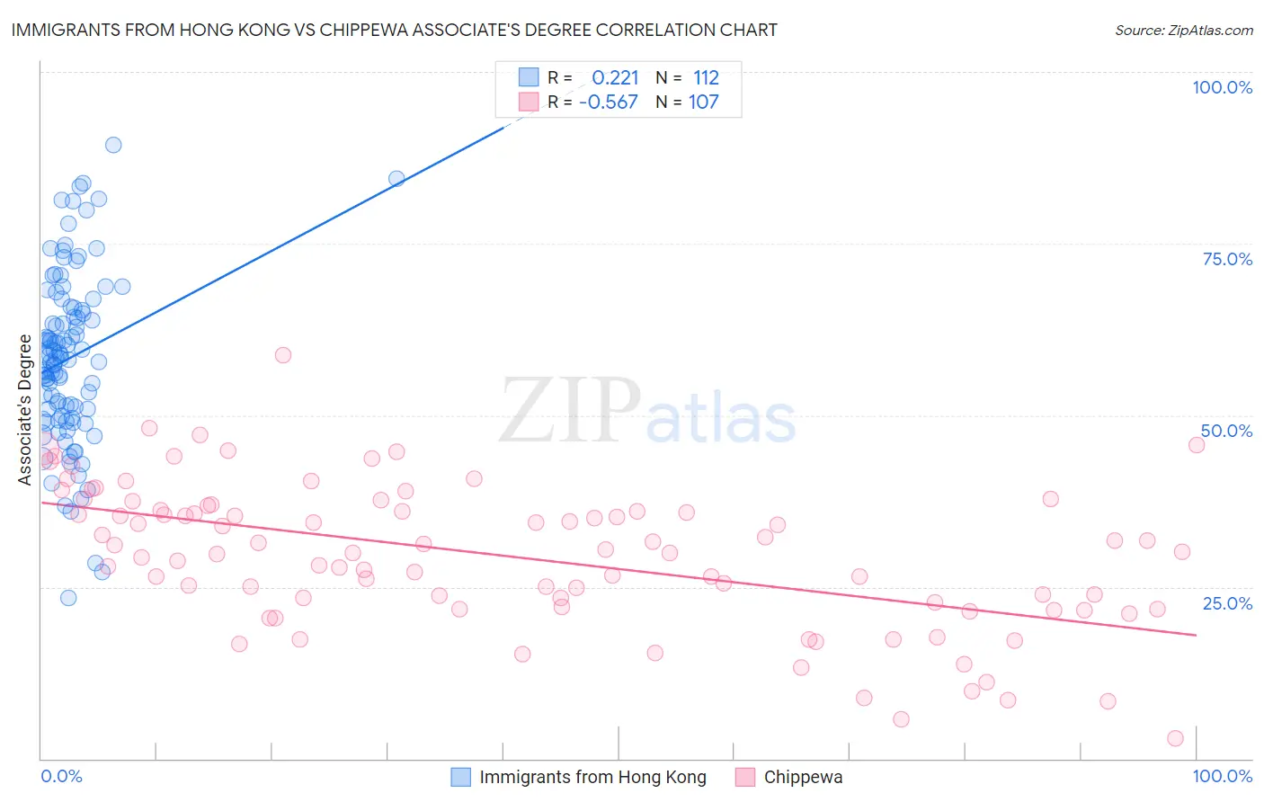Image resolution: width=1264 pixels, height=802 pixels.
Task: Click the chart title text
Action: tap(395, 30)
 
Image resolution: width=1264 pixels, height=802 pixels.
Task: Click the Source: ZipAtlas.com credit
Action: tap(1183, 30)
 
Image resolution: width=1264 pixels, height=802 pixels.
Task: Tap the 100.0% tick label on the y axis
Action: tap(1222, 87)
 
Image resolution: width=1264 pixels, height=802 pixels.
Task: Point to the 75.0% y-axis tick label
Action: tap(1227, 259)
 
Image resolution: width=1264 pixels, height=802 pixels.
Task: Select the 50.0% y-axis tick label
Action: tap(1226, 431)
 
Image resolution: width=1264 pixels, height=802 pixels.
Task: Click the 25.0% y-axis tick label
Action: tap(1227, 602)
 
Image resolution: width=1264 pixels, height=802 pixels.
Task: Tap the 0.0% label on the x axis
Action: tap(61, 776)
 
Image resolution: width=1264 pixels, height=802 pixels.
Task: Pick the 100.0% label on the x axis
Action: tap(1222, 776)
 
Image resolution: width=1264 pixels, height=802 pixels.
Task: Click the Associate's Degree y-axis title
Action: tap(25, 410)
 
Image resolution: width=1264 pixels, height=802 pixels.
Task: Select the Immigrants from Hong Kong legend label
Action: tap(592, 777)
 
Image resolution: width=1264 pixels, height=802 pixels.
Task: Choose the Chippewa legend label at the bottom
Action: tap(803, 777)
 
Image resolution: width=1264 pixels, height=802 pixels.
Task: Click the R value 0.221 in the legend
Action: tap(615, 78)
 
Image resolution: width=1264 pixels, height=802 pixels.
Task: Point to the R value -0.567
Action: tap(609, 102)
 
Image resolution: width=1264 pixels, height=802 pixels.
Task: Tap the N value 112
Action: tap(706, 78)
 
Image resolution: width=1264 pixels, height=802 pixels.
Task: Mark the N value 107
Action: tap(703, 102)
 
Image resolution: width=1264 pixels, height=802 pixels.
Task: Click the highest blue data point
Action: tap(113, 145)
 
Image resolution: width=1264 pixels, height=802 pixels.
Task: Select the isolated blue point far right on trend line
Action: tap(396, 179)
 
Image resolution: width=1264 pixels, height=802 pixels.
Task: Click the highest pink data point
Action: tap(283, 355)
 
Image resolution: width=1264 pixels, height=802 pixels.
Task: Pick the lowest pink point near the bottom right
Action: tap(1175, 738)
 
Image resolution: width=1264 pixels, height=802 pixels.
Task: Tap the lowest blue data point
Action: tap(68, 598)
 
